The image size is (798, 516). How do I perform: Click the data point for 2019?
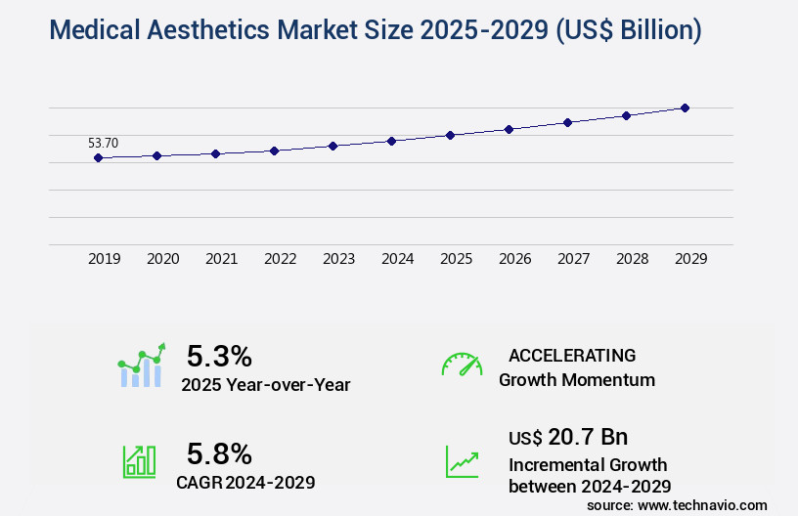[x=98, y=157]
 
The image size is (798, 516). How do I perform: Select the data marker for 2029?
[x=685, y=107]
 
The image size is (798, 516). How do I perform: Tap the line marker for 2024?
[x=391, y=141]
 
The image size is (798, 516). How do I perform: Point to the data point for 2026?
[x=509, y=129]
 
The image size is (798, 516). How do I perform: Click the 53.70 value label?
[x=103, y=143]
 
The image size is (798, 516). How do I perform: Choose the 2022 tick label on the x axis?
[x=280, y=259]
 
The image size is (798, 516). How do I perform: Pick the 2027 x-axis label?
[x=573, y=259]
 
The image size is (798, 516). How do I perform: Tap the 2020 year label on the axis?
[x=162, y=259]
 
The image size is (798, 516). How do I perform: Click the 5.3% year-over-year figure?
[x=219, y=356]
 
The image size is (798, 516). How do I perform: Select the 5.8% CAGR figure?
[x=219, y=453]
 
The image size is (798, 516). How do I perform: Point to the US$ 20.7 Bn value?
[x=568, y=437]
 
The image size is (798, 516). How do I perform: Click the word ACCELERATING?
[x=572, y=356]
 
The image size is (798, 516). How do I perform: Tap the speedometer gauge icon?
[x=462, y=364]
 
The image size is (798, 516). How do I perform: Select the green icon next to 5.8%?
[x=139, y=461]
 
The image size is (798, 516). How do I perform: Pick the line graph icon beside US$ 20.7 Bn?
[x=462, y=461]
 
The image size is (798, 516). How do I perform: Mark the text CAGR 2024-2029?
[x=245, y=482]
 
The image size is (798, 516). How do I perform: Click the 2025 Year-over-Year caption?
[x=265, y=385]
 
